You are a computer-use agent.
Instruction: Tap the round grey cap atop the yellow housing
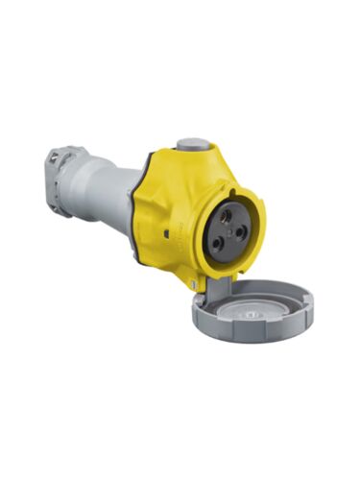point(194,145)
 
